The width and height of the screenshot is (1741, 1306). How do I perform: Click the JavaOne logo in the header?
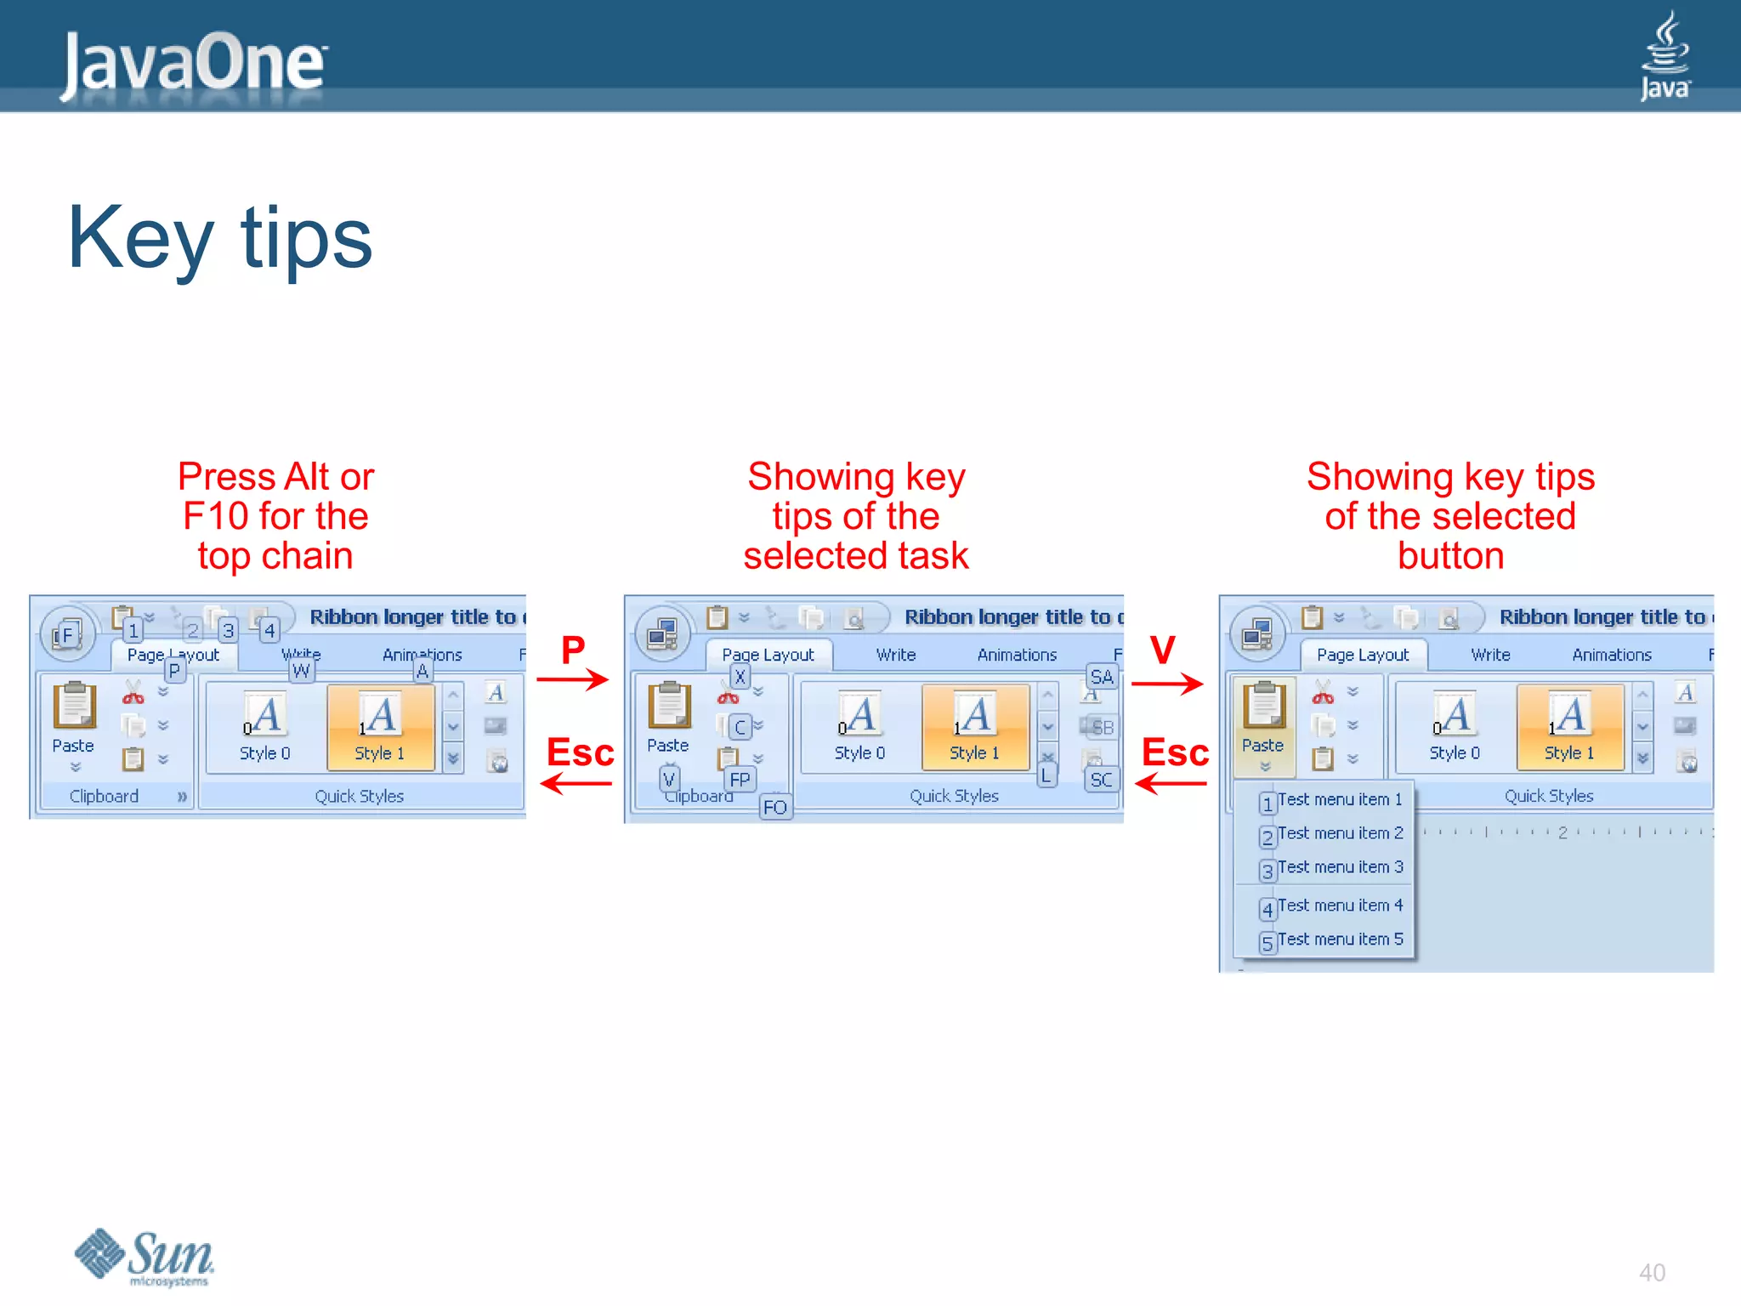pyautogui.click(x=194, y=63)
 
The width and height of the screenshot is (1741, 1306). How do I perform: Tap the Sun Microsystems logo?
pyautogui.click(x=145, y=1257)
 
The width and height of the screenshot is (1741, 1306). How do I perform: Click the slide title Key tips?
pyautogui.click(x=219, y=239)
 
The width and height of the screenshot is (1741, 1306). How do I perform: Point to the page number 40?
pyautogui.click(x=1652, y=1273)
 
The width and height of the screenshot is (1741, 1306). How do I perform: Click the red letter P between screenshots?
pyautogui.click(x=573, y=650)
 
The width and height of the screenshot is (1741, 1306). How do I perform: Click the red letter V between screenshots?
pyautogui.click(x=1162, y=650)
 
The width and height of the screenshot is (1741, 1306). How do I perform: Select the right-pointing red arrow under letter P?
pyautogui.click(x=572, y=679)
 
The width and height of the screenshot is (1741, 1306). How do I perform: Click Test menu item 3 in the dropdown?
pyautogui.click(x=1339, y=867)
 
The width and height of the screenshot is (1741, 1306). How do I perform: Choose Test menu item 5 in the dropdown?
pyautogui.click(x=1339, y=940)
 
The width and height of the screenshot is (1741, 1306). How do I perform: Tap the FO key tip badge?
pyautogui.click(x=774, y=807)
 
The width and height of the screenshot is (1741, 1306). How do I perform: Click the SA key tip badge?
pyautogui.click(x=1101, y=677)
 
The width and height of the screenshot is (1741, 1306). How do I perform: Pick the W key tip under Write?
pyautogui.click(x=301, y=671)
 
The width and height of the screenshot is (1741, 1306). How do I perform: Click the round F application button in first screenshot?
pyautogui.click(x=67, y=634)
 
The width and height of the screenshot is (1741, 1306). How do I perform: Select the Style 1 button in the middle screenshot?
pyautogui.click(x=974, y=727)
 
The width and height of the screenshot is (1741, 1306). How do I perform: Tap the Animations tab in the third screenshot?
pyautogui.click(x=1611, y=655)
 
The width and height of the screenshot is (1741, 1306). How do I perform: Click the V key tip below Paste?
pyautogui.click(x=669, y=778)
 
